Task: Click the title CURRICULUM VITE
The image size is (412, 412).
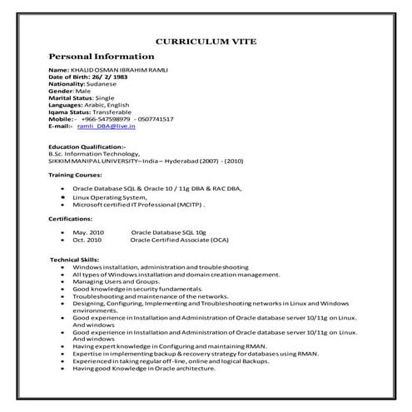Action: pyautogui.click(x=206, y=41)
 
